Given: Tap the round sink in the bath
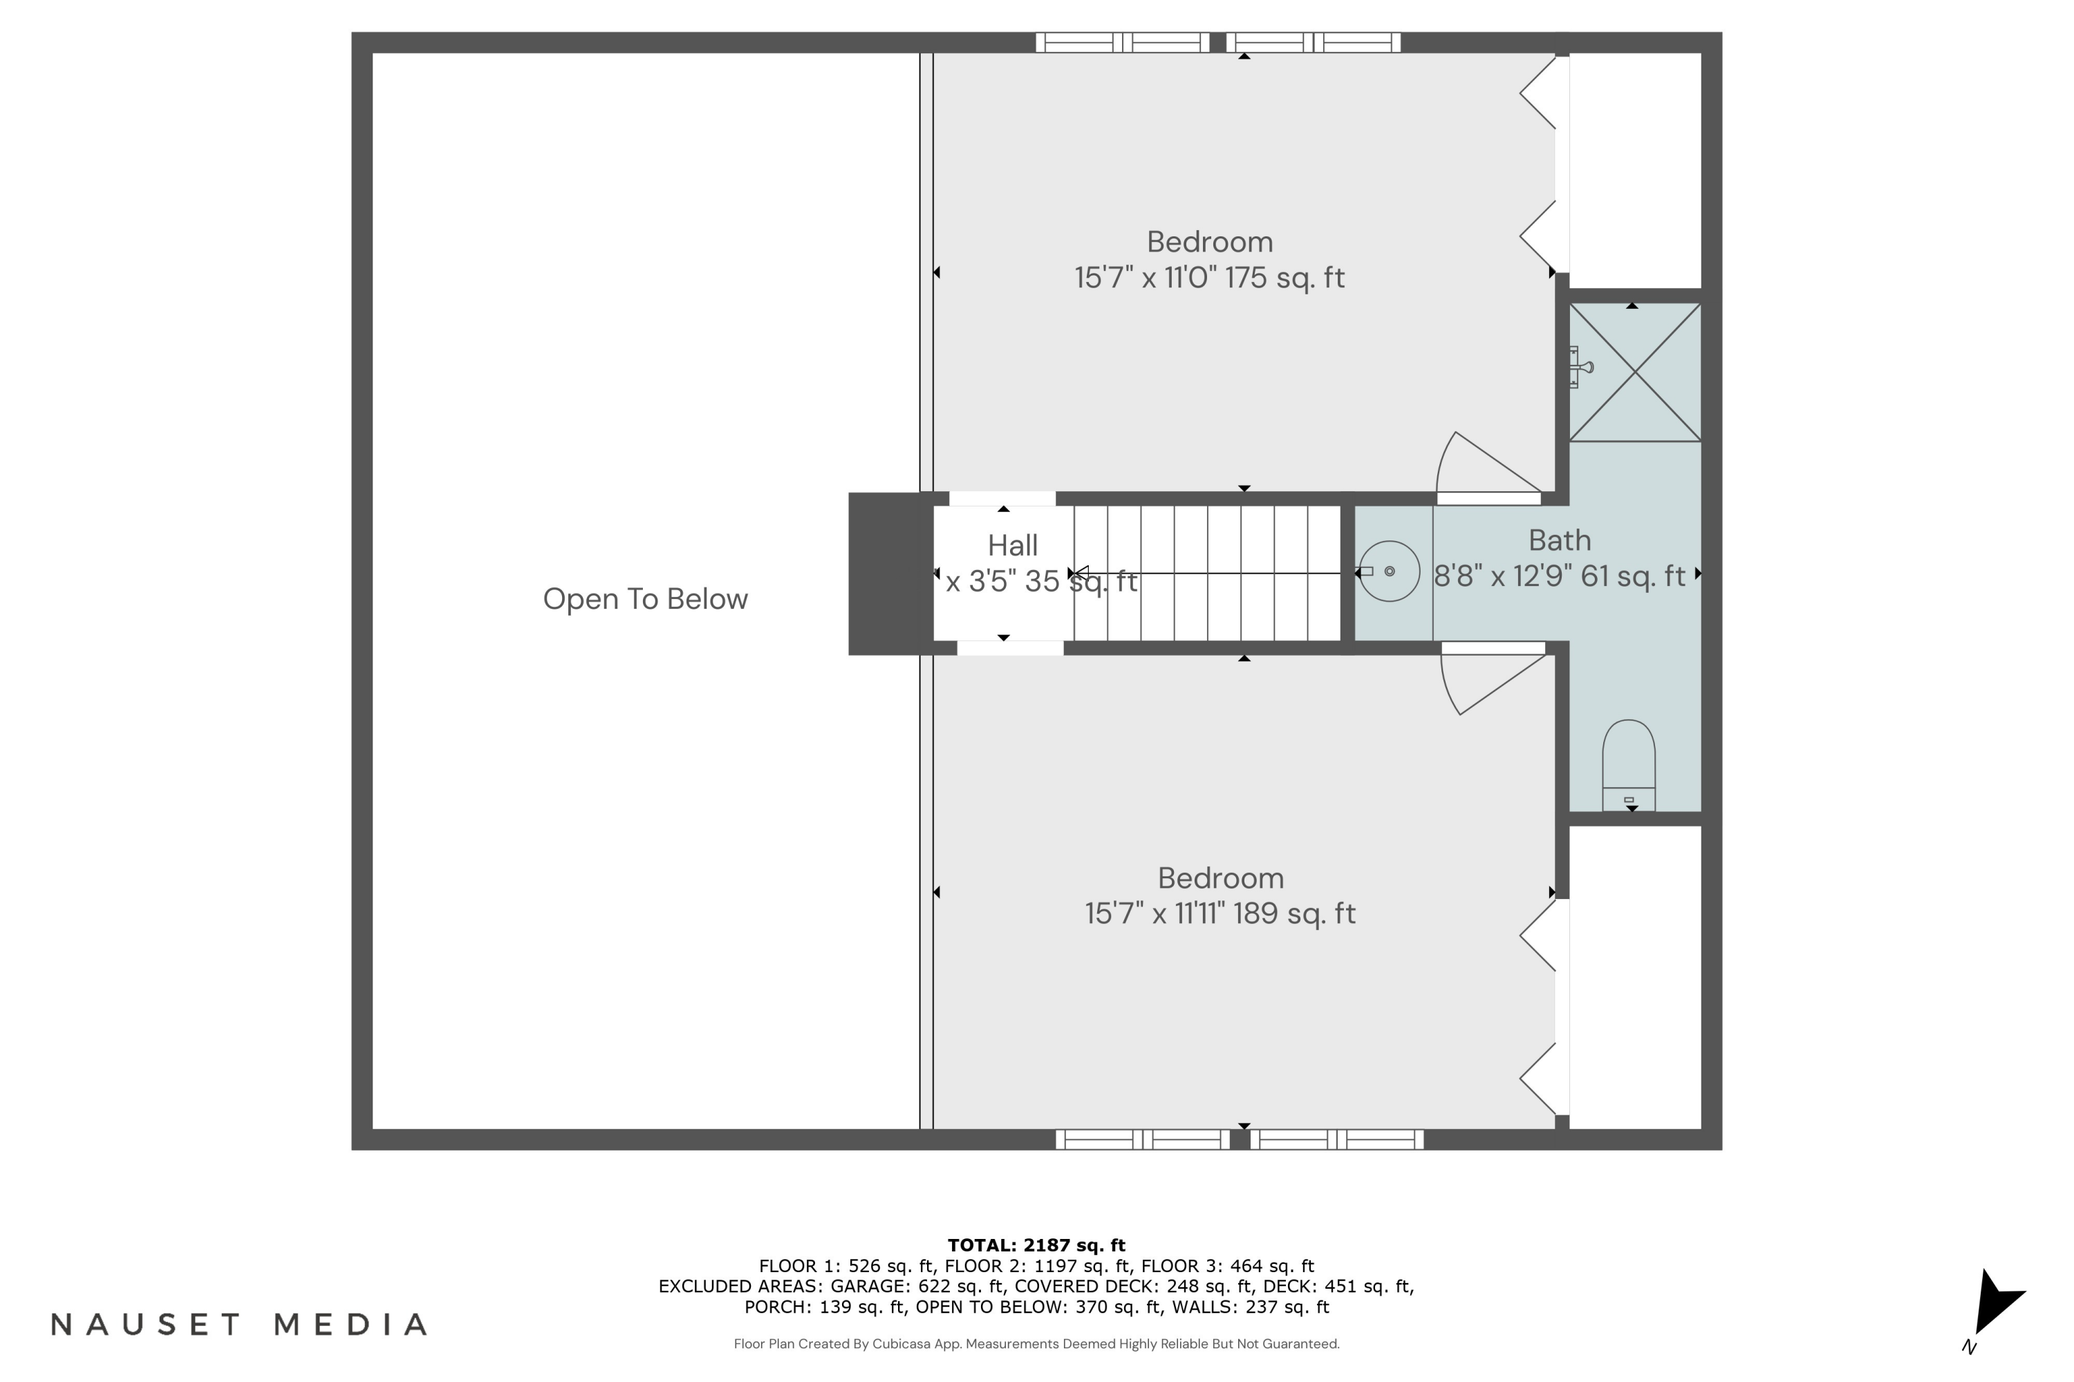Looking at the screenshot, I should pyautogui.click(x=1389, y=572).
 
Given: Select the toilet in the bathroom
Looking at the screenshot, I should pyautogui.click(x=1628, y=764).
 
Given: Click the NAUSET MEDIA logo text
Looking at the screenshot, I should pyautogui.click(x=239, y=1325).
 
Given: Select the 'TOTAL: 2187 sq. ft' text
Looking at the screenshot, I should pyautogui.click(x=1036, y=1245).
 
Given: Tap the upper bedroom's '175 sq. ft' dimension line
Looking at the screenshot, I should pyautogui.click(x=1209, y=278).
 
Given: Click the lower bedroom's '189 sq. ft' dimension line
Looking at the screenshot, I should pyautogui.click(x=1220, y=913).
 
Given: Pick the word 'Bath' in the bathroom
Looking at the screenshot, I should pyautogui.click(x=1559, y=540).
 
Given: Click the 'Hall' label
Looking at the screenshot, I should pyautogui.click(x=1012, y=546).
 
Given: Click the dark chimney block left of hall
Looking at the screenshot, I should pyautogui.click(x=890, y=574).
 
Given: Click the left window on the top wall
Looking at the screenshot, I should pyautogui.click(x=1121, y=42).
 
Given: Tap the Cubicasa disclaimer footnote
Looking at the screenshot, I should pyautogui.click(x=1036, y=1344).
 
